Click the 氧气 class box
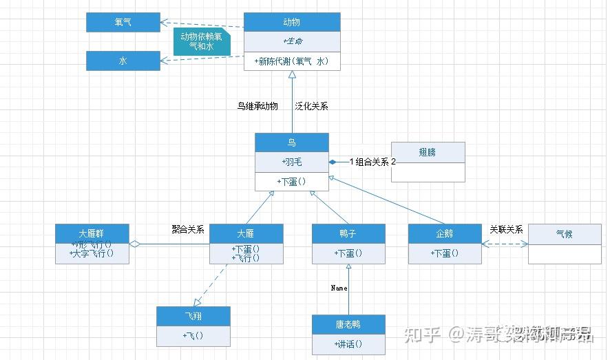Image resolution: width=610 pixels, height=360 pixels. (x=123, y=22)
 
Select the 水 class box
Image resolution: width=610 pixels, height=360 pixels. (x=123, y=61)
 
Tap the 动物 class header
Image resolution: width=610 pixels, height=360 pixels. (x=292, y=22)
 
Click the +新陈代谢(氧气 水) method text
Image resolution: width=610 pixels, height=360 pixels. (x=292, y=61)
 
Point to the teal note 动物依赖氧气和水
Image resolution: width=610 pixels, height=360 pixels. (x=201, y=41)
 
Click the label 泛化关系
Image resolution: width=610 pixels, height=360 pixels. (x=312, y=106)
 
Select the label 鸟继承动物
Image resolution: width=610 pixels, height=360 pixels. (x=257, y=106)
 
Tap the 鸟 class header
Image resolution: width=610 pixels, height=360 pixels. (x=292, y=142)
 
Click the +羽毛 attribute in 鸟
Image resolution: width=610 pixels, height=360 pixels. (x=292, y=162)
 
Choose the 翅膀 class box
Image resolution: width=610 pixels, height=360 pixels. (x=428, y=151)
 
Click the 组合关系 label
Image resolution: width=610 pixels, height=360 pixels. (x=372, y=162)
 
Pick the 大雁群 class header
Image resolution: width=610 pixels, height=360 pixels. (x=92, y=233)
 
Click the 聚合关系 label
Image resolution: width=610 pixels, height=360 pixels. (x=188, y=229)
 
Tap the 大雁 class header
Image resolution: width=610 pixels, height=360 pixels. (x=246, y=233)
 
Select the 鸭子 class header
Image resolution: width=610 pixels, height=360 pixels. (x=348, y=233)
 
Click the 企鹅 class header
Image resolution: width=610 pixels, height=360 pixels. (x=445, y=233)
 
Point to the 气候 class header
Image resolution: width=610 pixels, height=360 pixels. (x=565, y=233)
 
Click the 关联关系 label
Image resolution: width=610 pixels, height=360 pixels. (x=506, y=229)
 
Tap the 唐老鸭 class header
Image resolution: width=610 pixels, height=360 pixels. (x=348, y=324)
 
